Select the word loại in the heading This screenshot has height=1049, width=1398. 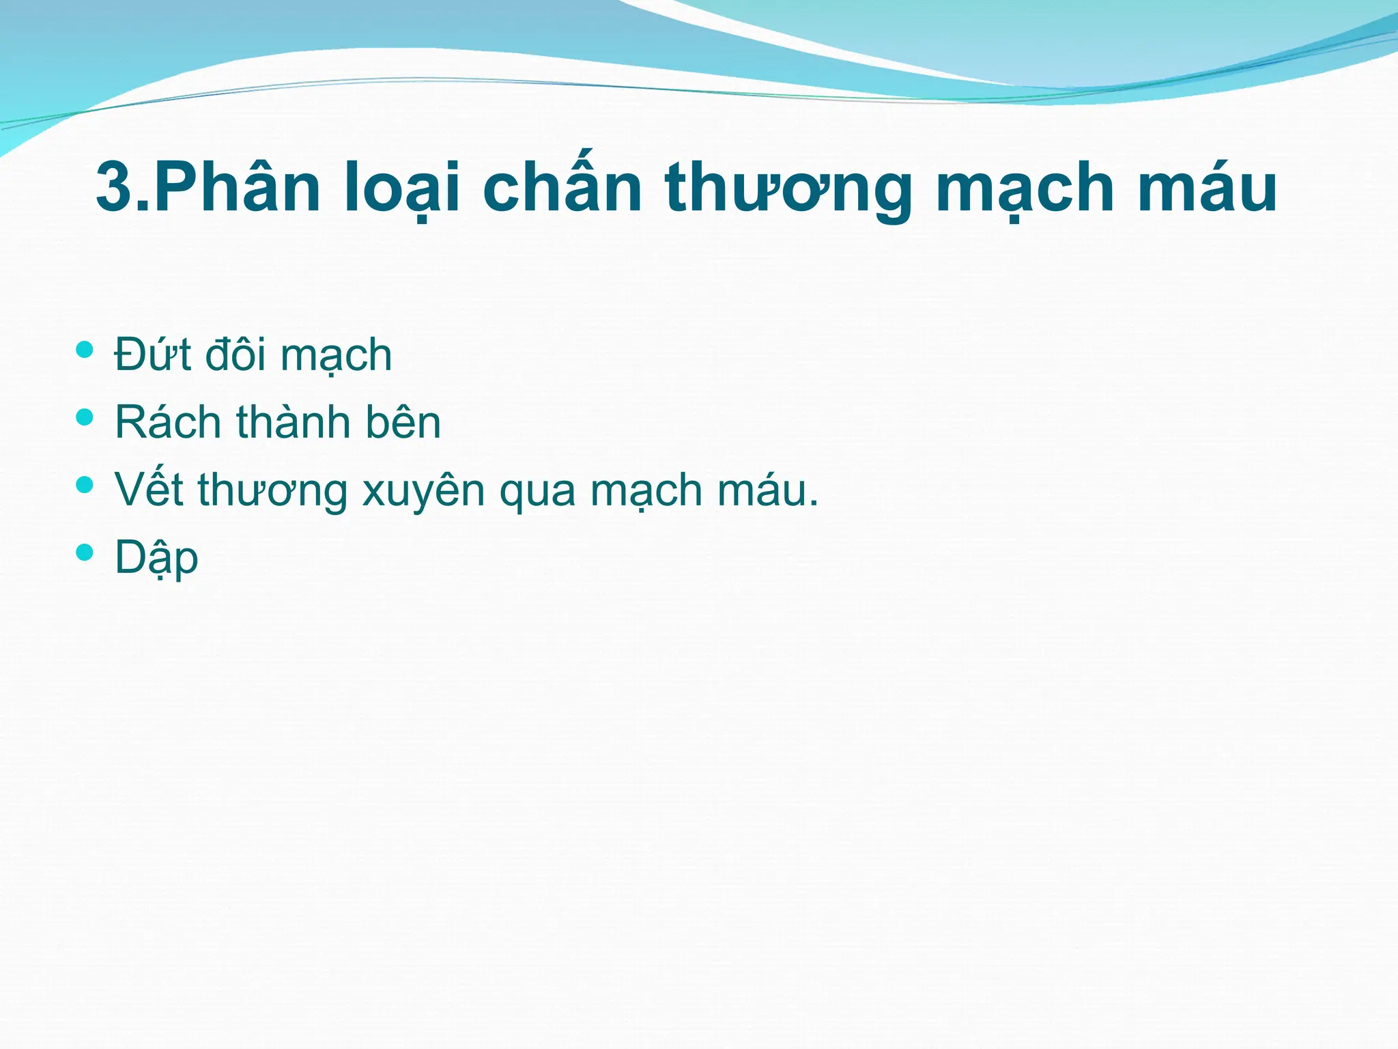point(403,187)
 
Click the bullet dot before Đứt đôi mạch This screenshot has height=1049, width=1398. point(85,350)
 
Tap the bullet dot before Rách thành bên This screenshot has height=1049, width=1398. point(85,417)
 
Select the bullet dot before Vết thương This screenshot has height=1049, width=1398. point(85,485)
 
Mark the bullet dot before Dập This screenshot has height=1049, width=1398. point(85,552)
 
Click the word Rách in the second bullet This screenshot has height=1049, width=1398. point(168,422)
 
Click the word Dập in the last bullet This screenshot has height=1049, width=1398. point(156,557)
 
